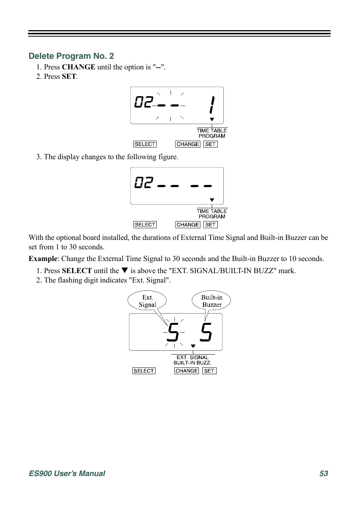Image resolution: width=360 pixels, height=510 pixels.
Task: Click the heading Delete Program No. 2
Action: click(x=71, y=56)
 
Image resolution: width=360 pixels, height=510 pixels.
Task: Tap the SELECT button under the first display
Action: click(x=145, y=144)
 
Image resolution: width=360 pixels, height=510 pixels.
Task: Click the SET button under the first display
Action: click(x=211, y=144)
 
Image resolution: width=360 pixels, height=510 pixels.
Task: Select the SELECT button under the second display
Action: click(x=145, y=225)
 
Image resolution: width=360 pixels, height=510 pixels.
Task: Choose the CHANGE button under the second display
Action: click(x=188, y=225)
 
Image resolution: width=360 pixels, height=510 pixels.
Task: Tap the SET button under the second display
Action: click(x=211, y=225)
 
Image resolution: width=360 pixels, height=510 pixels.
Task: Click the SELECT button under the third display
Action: click(x=144, y=371)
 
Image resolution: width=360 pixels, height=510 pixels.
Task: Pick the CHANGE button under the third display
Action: click(x=186, y=371)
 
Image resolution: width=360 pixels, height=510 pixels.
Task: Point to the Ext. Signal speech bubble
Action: click(x=147, y=301)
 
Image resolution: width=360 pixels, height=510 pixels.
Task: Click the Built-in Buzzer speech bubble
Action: click(x=211, y=301)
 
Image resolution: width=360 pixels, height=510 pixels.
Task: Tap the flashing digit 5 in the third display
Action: click(x=173, y=332)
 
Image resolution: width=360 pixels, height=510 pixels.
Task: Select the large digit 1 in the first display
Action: click(x=212, y=104)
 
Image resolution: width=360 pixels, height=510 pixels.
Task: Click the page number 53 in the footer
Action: click(x=323, y=473)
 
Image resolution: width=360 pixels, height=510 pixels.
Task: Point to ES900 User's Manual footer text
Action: click(x=67, y=473)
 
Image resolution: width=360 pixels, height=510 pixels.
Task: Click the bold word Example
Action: click(x=43, y=259)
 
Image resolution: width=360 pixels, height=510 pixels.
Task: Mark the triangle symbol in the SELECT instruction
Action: click(x=125, y=270)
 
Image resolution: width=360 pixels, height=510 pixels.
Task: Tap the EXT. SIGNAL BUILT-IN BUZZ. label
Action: click(x=192, y=360)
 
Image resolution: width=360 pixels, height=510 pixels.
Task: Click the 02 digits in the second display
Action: click(x=144, y=183)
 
